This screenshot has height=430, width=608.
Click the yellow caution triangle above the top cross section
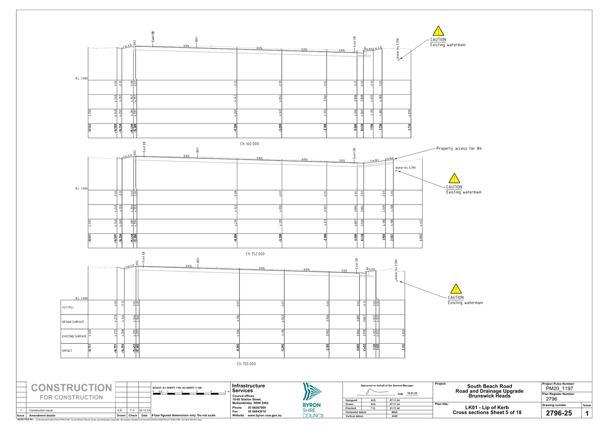pyautogui.click(x=438, y=31)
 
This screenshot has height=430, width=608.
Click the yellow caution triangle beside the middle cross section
pyautogui.click(x=454, y=178)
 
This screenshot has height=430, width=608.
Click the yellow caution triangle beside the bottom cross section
pyautogui.click(x=456, y=289)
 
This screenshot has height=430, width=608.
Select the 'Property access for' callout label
pyautogui.click(x=459, y=148)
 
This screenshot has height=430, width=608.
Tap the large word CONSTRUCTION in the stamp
pyautogui.click(x=71, y=388)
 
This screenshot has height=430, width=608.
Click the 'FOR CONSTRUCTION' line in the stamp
pyautogui.click(x=71, y=397)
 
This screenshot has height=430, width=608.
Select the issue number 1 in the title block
pyautogui.click(x=587, y=413)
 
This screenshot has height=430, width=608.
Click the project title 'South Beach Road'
pyautogui.click(x=490, y=386)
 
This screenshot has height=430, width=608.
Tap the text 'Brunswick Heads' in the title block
pyautogui.click(x=490, y=396)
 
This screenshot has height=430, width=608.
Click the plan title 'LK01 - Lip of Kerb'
pyautogui.click(x=487, y=407)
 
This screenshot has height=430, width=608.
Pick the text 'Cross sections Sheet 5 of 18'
pyautogui.click(x=487, y=412)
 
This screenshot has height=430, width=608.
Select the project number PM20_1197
pyautogui.click(x=560, y=388)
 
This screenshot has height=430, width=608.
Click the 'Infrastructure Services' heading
pyautogui.click(x=248, y=388)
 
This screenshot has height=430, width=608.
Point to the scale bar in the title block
pyautogui.click(x=190, y=393)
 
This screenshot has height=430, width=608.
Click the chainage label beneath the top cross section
pyautogui.click(x=249, y=144)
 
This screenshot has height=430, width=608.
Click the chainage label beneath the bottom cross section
pyautogui.click(x=247, y=364)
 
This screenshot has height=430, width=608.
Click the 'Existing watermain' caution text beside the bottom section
pyautogui.click(x=466, y=303)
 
